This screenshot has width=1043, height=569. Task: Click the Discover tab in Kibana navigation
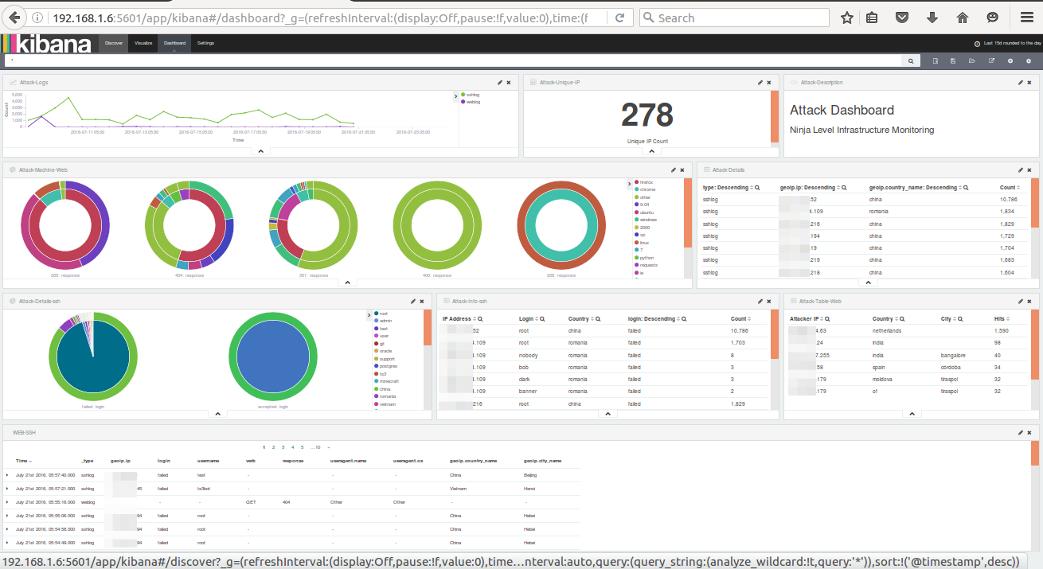(113, 43)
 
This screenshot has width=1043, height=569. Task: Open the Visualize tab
(143, 43)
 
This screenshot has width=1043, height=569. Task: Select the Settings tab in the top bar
(205, 43)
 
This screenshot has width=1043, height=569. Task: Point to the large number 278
(647, 115)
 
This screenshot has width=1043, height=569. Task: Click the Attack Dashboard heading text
(842, 110)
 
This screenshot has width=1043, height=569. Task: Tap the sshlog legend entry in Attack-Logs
(472, 95)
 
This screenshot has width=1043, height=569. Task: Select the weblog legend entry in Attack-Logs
(472, 102)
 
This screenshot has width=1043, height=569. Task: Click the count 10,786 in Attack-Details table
(1008, 199)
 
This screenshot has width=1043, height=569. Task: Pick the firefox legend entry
(647, 182)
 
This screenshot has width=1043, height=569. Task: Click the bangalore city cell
(955, 356)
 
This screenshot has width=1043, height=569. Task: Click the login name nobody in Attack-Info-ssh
(529, 355)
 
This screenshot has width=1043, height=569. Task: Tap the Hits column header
(1001, 318)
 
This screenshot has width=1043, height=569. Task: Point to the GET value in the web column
(252, 502)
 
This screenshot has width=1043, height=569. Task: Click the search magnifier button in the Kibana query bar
(911, 60)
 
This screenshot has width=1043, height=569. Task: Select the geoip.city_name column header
(542, 460)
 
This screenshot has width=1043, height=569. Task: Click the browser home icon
(962, 18)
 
